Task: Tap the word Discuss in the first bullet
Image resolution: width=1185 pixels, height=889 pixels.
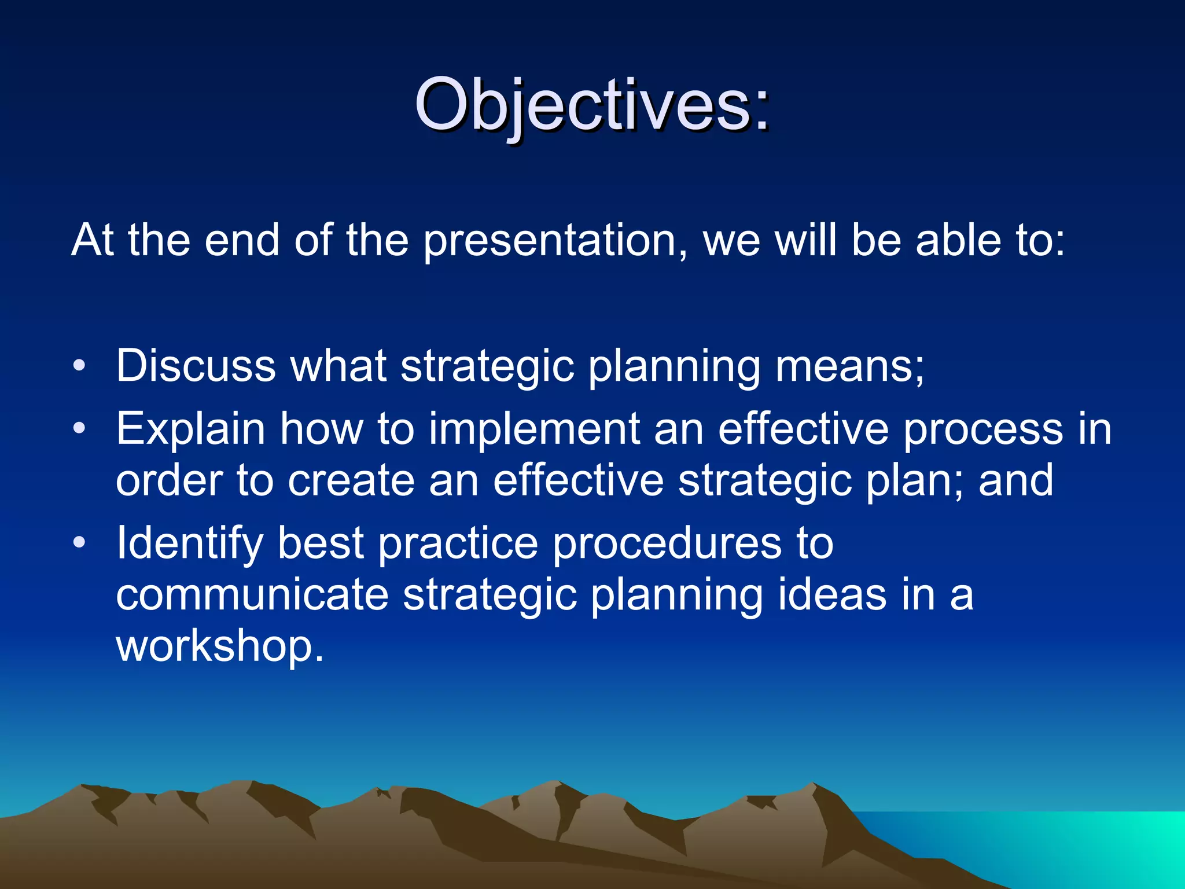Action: tap(196, 366)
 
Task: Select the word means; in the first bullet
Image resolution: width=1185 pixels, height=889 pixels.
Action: tap(849, 366)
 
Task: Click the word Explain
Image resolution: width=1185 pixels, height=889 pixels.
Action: tap(190, 429)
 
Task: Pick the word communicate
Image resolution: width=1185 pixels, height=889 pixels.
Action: tap(252, 594)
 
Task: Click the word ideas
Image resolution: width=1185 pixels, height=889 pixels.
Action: tap(831, 594)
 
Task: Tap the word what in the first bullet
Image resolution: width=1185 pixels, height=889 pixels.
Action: tap(338, 366)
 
